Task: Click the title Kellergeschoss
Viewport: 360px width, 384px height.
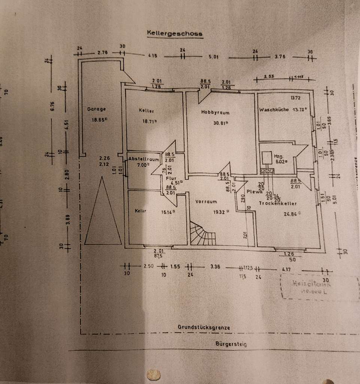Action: (x=175, y=34)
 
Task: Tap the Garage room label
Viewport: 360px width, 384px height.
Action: (x=96, y=109)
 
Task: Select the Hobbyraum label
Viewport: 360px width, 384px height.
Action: (x=215, y=112)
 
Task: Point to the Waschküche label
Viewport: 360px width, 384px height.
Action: (x=273, y=110)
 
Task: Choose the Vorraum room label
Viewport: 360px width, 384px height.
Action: (x=206, y=202)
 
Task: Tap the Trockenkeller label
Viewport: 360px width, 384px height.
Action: (x=278, y=204)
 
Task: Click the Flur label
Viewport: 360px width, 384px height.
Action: (x=170, y=178)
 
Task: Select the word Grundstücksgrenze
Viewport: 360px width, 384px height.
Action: (x=204, y=327)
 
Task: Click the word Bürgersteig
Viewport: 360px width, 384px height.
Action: (x=231, y=344)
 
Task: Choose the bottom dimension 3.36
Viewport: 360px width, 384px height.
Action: (x=215, y=267)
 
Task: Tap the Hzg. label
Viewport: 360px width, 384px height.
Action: (x=278, y=157)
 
